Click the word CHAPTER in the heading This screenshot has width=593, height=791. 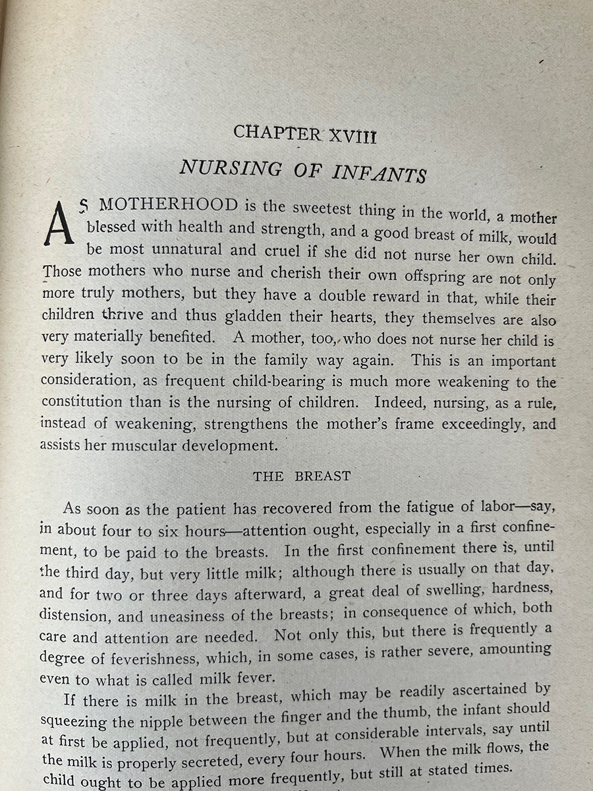coord(276,132)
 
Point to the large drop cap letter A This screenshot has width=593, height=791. coord(58,223)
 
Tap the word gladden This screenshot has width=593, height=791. coord(256,315)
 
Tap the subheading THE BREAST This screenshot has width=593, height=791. coord(302,477)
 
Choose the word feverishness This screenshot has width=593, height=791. coord(152,659)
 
